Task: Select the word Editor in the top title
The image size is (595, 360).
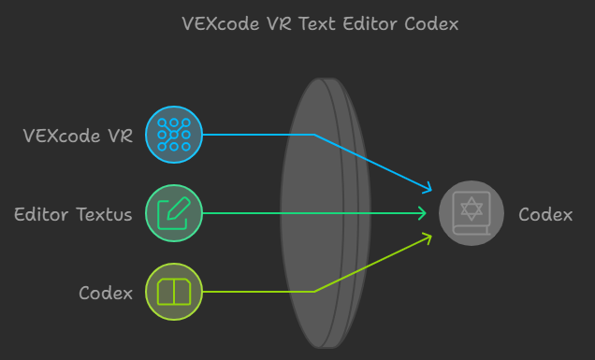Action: [370, 23]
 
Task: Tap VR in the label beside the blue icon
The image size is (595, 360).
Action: [119, 136]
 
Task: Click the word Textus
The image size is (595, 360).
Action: [104, 214]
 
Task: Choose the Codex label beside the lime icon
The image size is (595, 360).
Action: [106, 294]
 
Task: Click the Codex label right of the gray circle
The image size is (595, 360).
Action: [545, 214]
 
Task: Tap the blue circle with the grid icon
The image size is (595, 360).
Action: [174, 135]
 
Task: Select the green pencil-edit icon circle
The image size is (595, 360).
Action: [174, 213]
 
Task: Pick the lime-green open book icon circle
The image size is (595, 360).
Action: [174, 292]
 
